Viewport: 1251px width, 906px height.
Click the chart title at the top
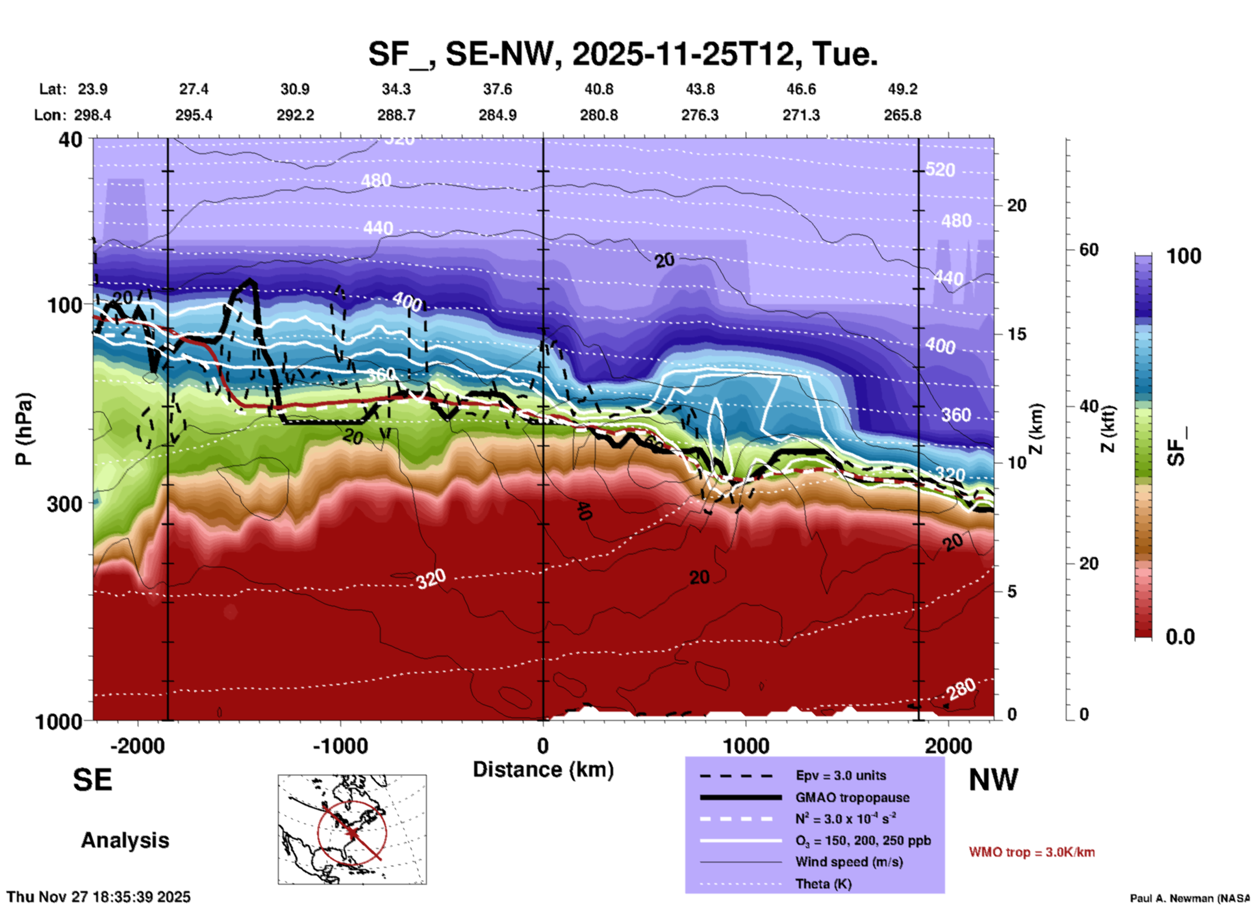(x=622, y=54)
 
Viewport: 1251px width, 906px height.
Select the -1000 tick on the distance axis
(x=340, y=746)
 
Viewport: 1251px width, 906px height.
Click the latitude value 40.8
(x=598, y=89)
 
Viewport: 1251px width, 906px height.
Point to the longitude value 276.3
(x=700, y=115)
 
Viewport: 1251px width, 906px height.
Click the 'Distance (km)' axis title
(x=543, y=770)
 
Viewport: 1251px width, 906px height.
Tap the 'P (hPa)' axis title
(x=24, y=429)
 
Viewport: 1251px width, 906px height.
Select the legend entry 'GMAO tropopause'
(x=852, y=797)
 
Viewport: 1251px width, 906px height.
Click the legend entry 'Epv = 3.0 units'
(x=840, y=775)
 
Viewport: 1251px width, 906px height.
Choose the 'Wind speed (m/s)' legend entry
(x=849, y=862)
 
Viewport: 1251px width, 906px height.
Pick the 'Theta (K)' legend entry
(x=823, y=884)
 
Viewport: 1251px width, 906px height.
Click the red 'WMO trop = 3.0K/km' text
(x=1031, y=852)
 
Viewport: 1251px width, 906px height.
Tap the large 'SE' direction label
(x=92, y=780)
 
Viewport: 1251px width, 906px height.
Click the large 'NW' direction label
(x=993, y=780)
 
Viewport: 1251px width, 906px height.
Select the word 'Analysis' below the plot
(x=125, y=840)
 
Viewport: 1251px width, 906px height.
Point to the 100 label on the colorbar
(x=1183, y=256)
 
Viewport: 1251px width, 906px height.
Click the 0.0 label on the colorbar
(x=1180, y=637)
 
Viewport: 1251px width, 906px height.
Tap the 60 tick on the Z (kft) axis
(x=1089, y=250)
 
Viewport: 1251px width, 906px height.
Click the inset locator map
(x=352, y=829)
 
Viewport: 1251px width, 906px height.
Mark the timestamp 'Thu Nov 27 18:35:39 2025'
(x=99, y=897)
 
